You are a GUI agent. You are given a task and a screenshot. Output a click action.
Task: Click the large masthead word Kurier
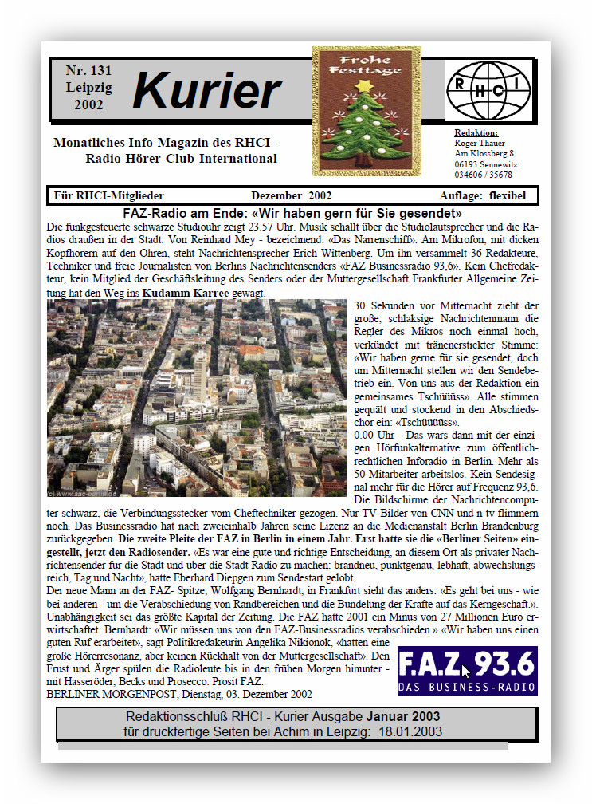tap(206, 90)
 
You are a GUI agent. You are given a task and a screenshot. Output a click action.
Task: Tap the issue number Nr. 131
tap(88, 70)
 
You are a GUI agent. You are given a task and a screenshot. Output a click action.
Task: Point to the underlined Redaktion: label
tap(476, 132)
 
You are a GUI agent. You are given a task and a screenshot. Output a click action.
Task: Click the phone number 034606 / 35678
tap(483, 175)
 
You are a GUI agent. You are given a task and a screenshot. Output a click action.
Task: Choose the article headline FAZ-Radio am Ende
tap(292, 213)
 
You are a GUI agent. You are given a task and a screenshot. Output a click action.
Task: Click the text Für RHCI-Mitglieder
tap(109, 195)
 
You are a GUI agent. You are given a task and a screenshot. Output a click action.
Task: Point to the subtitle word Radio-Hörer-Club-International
tap(181, 159)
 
